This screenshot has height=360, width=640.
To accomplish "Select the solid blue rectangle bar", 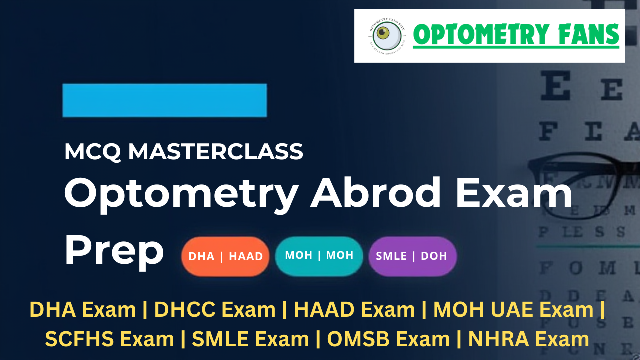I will [164, 100].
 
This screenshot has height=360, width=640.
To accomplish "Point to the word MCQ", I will [92, 151].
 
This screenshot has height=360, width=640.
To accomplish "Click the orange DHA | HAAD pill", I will [225, 256].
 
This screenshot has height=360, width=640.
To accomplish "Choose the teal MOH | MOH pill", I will [319, 255].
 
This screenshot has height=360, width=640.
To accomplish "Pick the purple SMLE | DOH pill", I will [412, 256].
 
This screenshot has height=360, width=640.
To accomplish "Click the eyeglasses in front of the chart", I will [575, 175].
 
